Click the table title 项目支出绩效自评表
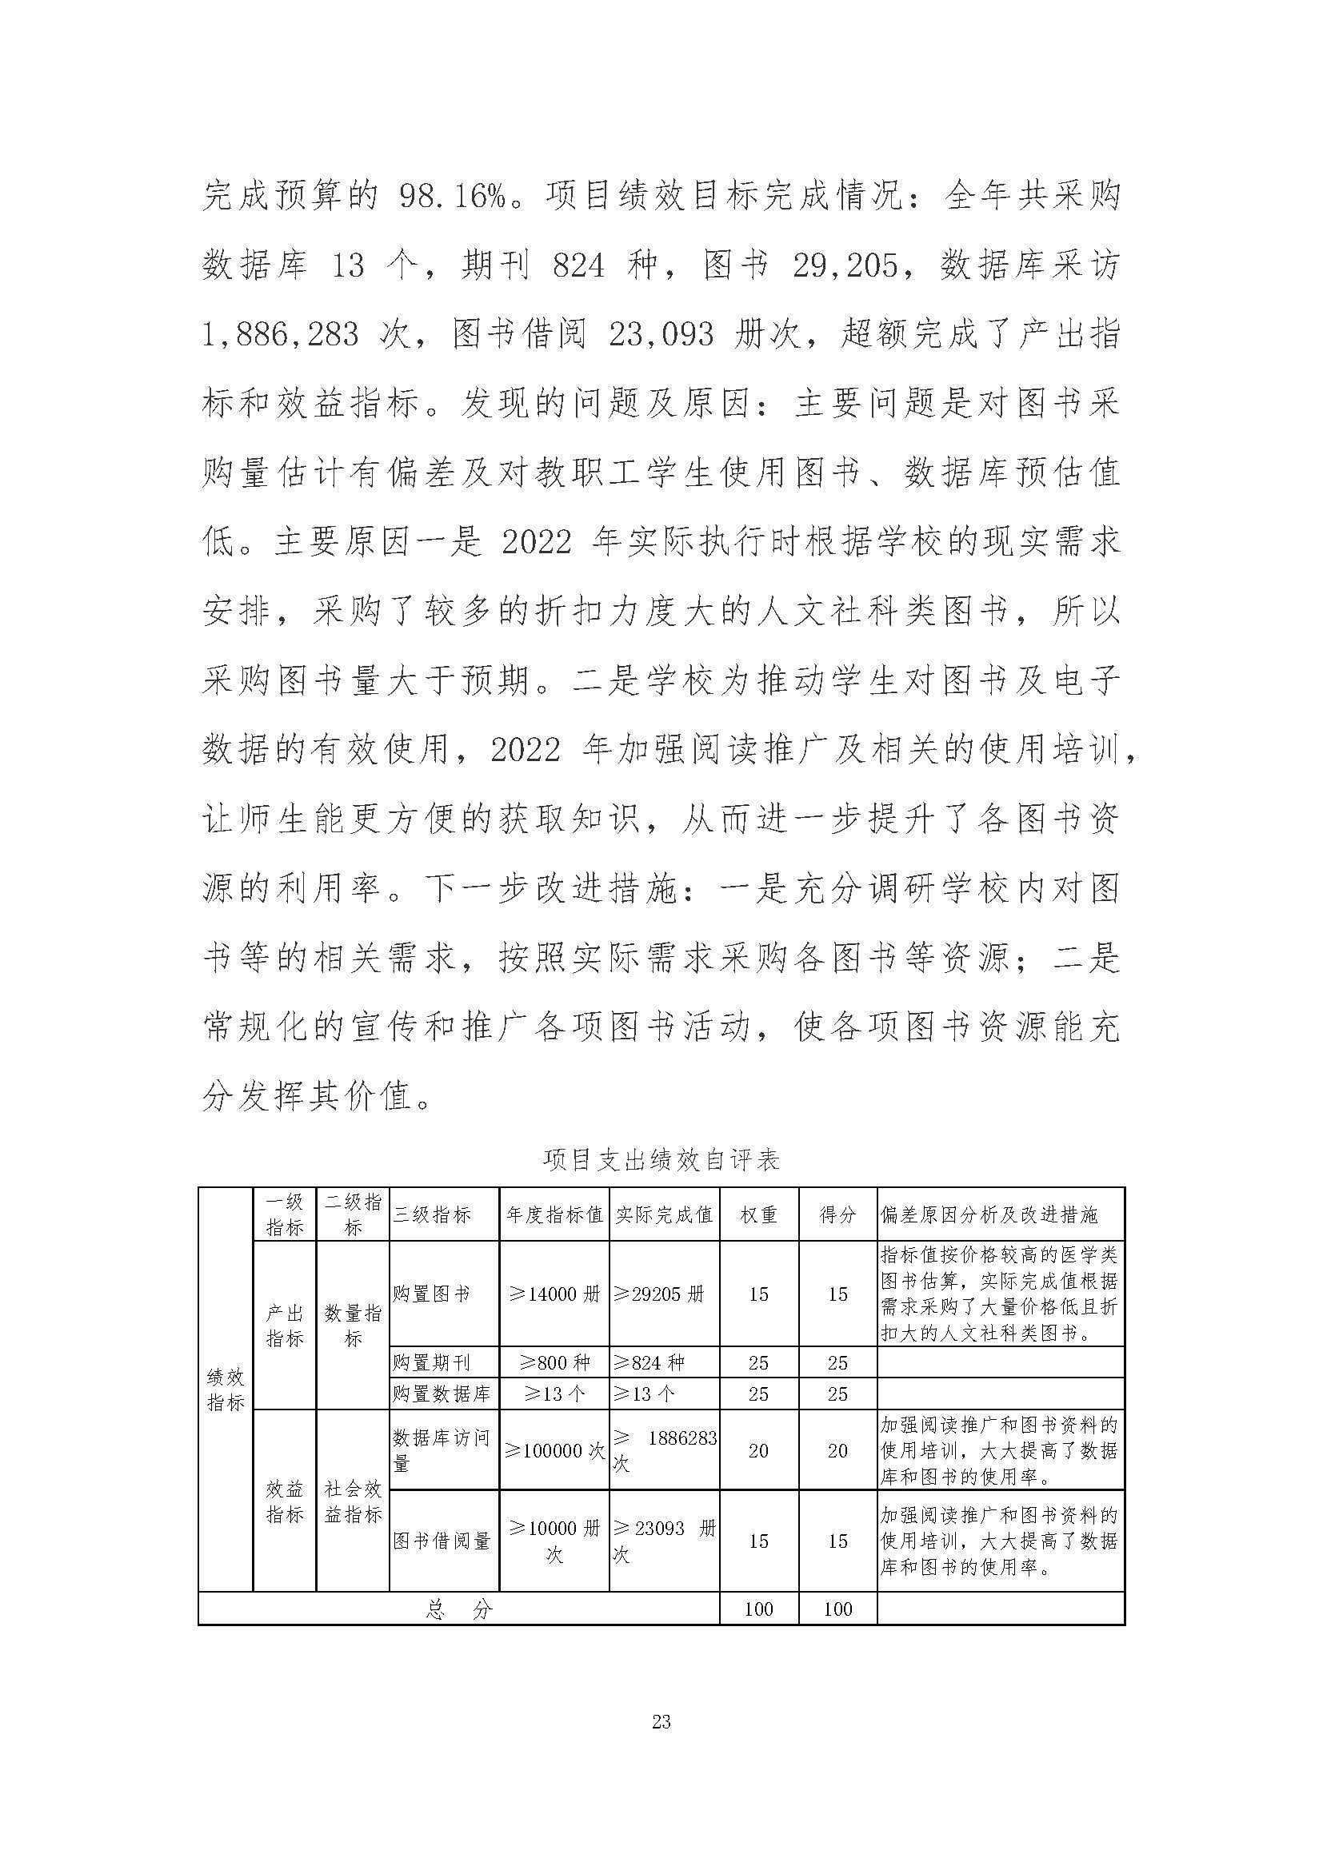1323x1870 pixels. coord(661,1160)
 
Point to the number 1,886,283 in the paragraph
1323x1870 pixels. coord(280,335)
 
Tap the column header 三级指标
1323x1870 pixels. coord(432,1215)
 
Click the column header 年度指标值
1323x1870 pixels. coord(554,1215)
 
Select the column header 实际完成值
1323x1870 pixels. coord(664,1215)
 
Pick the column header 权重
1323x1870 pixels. coord(758,1215)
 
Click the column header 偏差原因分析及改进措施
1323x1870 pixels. coord(989,1215)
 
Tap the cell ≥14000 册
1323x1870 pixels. coord(554,1294)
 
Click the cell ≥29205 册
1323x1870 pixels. coord(658,1294)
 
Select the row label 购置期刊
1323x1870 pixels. coord(431,1362)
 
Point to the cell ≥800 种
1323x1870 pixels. coord(554,1362)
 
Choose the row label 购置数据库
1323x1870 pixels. coord(441,1394)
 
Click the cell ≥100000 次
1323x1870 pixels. coord(554,1450)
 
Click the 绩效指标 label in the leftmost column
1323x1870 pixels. coord(225,1389)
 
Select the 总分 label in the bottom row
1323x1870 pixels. coord(458,1609)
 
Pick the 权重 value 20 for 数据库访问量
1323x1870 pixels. coord(758,1450)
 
